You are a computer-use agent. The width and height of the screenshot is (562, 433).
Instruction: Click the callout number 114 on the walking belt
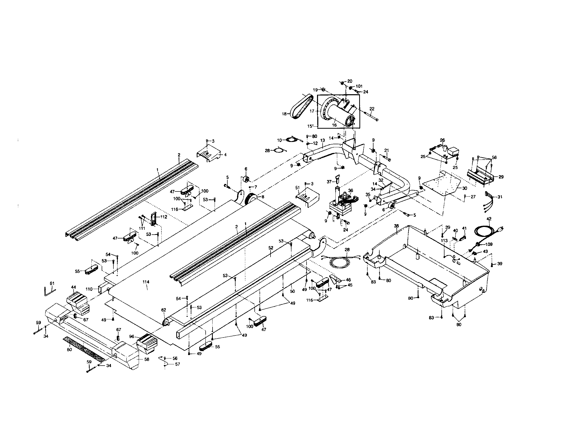(x=146, y=282)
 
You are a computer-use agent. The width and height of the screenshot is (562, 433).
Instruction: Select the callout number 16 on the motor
(x=334, y=125)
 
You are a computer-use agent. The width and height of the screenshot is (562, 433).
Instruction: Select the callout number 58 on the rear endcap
(x=147, y=359)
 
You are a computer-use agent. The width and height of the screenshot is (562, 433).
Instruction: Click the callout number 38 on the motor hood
(x=396, y=226)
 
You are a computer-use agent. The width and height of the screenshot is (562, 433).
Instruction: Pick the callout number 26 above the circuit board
(x=442, y=140)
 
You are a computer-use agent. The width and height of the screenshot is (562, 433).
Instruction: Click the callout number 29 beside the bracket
(x=501, y=177)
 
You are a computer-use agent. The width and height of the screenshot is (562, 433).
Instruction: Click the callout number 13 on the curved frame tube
(x=323, y=140)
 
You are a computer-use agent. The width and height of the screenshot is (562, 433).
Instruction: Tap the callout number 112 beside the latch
(x=164, y=217)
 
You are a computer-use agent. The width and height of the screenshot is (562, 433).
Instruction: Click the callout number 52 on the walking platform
(x=271, y=248)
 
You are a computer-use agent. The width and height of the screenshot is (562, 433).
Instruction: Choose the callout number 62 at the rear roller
(x=164, y=310)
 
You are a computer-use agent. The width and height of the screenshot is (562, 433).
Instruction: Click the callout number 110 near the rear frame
(x=89, y=289)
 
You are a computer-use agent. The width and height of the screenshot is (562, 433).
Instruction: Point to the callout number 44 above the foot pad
(x=74, y=287)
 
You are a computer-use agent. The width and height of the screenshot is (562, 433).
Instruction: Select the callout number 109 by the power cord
(x=489, y=244)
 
